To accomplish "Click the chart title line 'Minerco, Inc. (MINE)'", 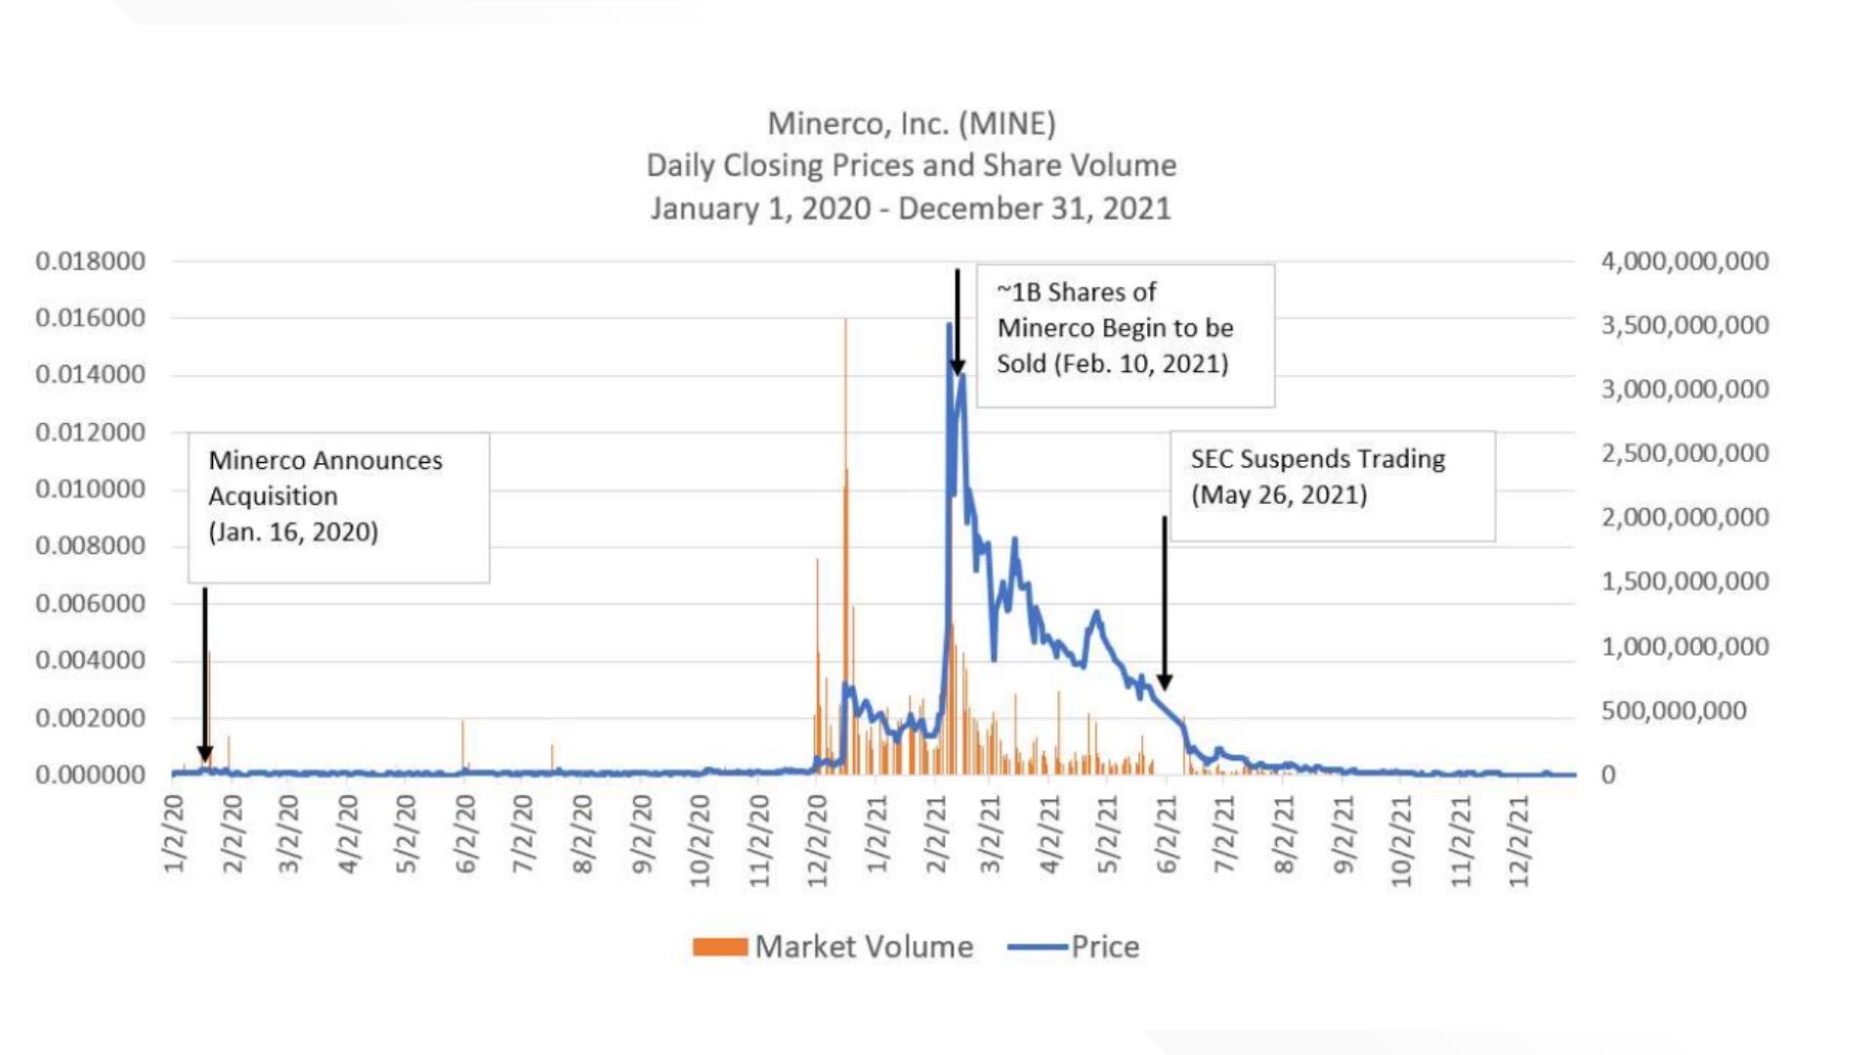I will [911, 124].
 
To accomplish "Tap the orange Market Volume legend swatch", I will [720, 947].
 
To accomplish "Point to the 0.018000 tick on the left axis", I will [90, 261].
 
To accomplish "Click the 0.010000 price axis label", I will [90, 488].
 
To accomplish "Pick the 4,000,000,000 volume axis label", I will [1684, 261].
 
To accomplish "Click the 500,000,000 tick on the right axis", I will [1673, 710].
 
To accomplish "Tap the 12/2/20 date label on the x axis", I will [818, 840].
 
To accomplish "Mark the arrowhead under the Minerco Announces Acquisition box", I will [205, 754].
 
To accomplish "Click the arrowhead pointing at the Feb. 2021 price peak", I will [958, 366].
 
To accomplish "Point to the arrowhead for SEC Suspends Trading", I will [1165, 682].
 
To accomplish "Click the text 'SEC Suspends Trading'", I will [1317, 459].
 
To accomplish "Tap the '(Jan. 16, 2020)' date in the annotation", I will [293, 532].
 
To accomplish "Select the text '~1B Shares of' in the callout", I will [1076, 292].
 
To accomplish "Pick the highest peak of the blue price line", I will [949, 325].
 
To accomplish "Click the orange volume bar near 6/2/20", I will [463, 747].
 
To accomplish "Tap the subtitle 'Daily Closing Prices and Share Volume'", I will [911, 166].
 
